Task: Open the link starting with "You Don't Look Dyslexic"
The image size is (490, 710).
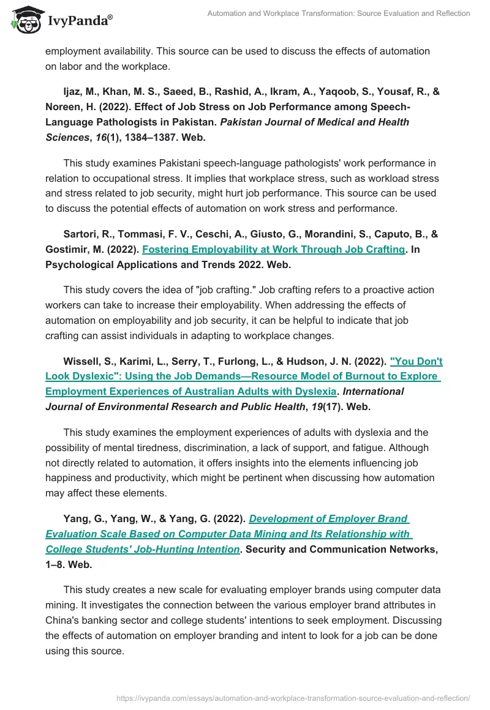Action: coord(243,376)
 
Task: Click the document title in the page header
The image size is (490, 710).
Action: coord(339,13)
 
